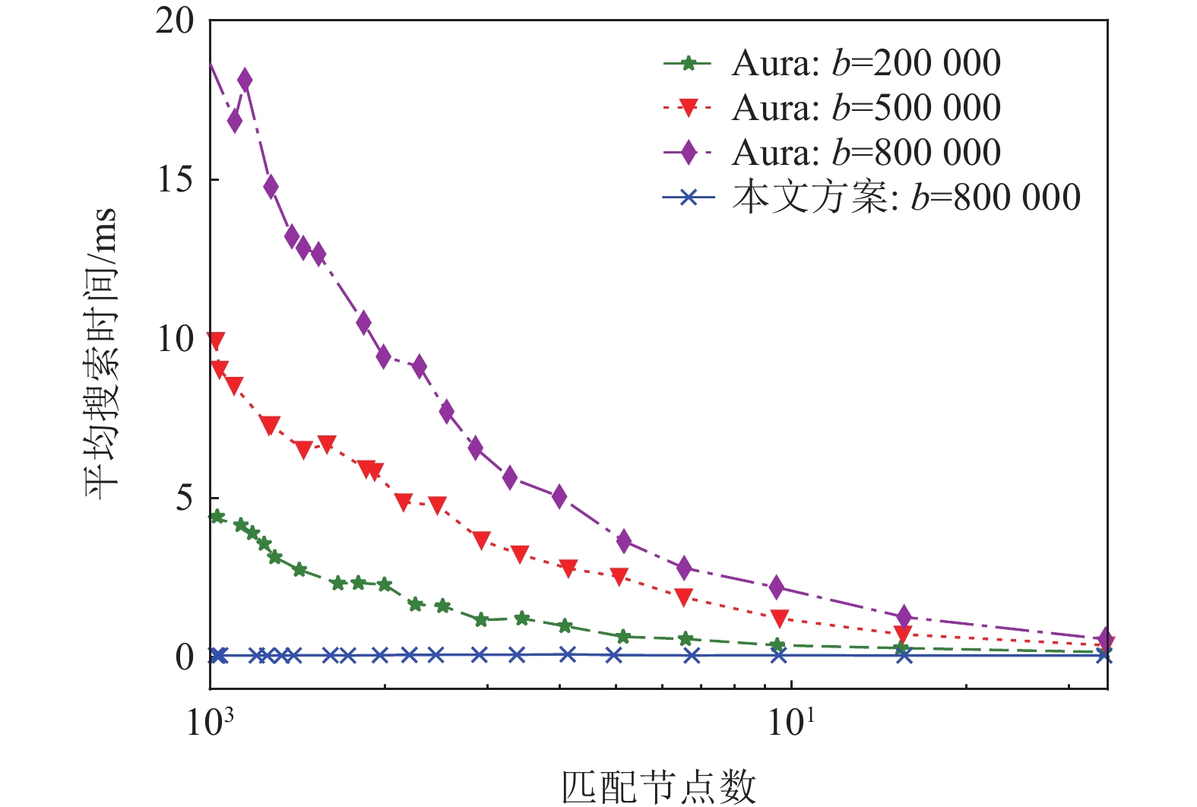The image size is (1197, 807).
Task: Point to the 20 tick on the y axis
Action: pos(175,21)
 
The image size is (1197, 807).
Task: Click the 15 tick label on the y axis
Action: pos(175,180)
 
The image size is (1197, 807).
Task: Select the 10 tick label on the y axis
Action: pos(175,339)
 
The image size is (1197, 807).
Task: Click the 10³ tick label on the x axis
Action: pos(209,721)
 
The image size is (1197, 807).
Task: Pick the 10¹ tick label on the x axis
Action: pos(791,721)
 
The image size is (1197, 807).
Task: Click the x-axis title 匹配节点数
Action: pos(658,786)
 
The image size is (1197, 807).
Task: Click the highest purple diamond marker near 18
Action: pos(245,79)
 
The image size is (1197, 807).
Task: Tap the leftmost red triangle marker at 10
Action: pos(215,341)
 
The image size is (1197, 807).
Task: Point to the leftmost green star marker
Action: pos(217,517)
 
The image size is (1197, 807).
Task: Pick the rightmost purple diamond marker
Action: pos(1107,639)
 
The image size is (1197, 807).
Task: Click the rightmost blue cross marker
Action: pos(1105,656)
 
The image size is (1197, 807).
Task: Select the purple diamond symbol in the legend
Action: pos(689,153)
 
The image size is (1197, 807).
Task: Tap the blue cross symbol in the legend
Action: pos(689,198)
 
